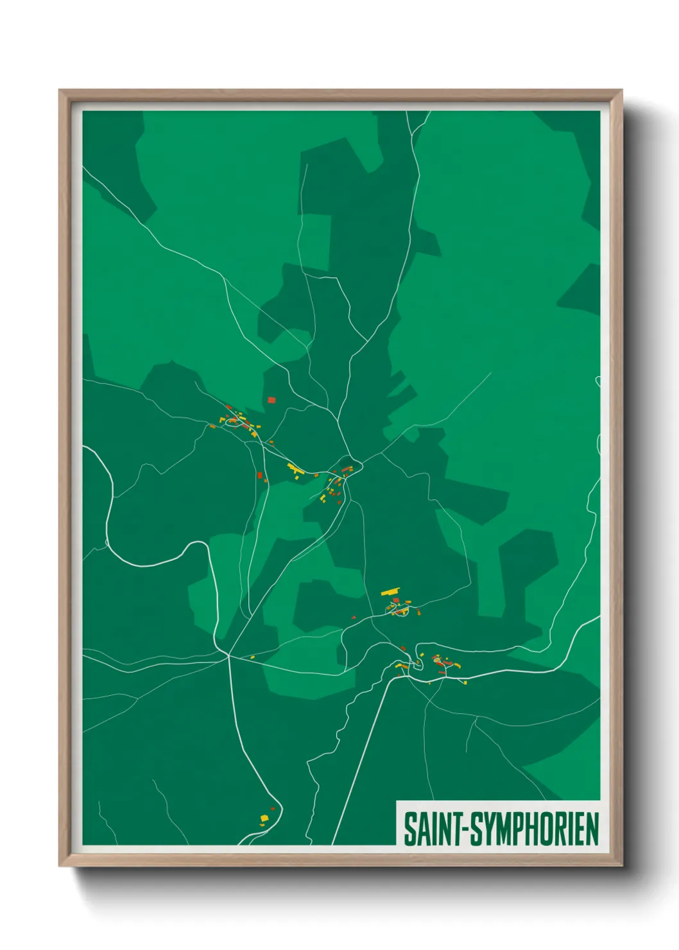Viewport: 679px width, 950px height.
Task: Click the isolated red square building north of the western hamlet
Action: tap(271, 400)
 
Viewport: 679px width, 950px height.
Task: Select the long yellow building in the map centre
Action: tap(295, 469)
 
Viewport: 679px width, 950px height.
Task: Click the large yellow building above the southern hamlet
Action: tap(390, 591)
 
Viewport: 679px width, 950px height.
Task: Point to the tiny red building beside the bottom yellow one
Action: tap(273, 809)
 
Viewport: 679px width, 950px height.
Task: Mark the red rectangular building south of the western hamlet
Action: tap(260, 476)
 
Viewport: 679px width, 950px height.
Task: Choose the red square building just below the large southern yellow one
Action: tap(396, 600)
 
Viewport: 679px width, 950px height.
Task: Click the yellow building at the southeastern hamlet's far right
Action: tap(465, 682)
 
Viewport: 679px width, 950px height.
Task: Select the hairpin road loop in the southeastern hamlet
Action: tap(438, 659)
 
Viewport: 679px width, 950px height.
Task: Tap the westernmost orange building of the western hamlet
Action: tap(212, 426)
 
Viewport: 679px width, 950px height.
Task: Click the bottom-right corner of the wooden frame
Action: tap(622, 866)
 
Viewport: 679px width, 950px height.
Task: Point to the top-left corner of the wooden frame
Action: tap(60, 91)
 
